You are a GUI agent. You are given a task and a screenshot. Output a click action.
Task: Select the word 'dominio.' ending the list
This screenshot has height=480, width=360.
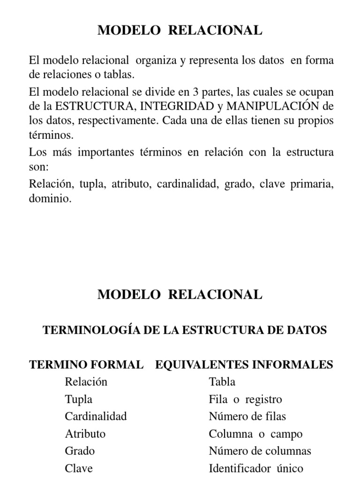coord(51,199)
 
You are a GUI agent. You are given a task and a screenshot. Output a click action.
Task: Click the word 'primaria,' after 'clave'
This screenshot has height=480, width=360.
coord(313,184)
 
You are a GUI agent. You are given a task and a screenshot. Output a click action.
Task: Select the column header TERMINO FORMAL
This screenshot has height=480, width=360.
coord(86,365)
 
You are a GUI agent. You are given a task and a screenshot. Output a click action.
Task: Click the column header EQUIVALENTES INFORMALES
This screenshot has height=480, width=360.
coord(244,365)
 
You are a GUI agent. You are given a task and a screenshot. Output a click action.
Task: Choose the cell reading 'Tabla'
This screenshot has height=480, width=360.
coord(222,382)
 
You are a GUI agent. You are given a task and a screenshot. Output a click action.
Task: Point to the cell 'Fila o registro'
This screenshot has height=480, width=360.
coord(246,399)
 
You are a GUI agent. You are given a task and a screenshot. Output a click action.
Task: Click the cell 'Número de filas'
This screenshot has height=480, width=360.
coord(247,416)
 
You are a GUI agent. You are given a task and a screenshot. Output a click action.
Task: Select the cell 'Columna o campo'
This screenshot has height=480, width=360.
coord(249,434)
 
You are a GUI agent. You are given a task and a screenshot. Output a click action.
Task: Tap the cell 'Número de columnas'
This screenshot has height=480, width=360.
coord(260,451)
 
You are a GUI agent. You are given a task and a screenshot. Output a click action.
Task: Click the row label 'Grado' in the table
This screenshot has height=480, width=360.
coord(80,451)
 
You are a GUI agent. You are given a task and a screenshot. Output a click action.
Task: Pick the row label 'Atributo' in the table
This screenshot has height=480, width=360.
coord(85,434)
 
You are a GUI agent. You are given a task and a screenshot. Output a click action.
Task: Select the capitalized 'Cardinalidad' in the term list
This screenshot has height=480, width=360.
coord(96,416)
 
